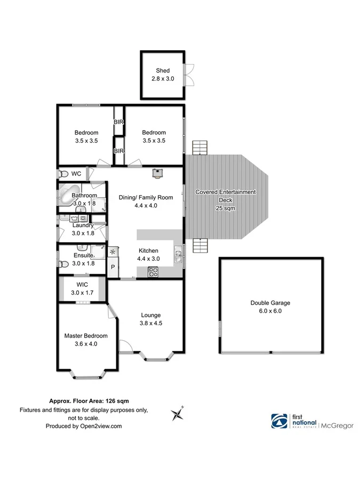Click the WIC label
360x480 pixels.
point(82,285)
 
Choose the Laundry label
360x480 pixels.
point(83,225)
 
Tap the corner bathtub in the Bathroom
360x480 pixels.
point(67,192)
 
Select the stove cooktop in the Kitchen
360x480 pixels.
point(153,271)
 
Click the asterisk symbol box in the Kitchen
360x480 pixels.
point(113,251)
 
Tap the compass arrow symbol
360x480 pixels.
point(177,413)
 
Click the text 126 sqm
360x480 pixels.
point(116,400)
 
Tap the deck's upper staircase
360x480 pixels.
point(199,148)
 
